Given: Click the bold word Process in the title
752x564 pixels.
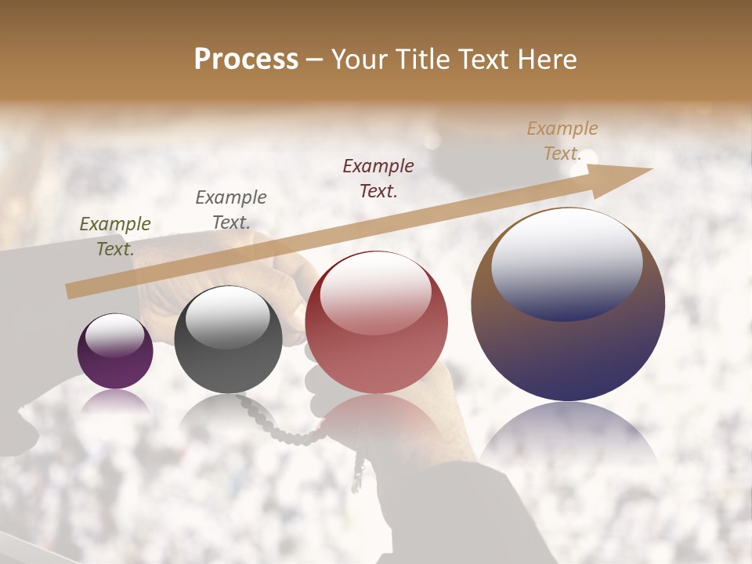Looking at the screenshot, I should point(246,60).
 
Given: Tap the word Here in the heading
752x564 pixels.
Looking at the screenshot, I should point(546,60).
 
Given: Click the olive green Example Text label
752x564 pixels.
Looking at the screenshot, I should point(115,237).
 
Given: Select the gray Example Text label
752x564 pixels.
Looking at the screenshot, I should point(231,210).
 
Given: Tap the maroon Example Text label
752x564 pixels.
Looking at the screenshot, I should point(378,178).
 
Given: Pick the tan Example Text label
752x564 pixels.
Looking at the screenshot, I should point(562,141).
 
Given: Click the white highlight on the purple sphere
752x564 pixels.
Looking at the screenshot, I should point(115,334).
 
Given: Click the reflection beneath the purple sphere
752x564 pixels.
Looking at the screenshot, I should point(115,401).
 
